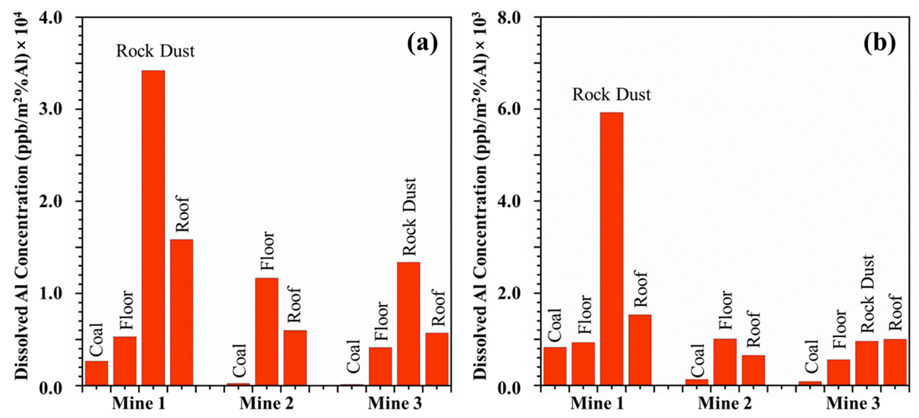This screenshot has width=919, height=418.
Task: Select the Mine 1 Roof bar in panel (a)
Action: pyautogui.click(x=181, y=312)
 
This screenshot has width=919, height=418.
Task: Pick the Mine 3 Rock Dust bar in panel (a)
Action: pyautogui.click(x=408, y=324)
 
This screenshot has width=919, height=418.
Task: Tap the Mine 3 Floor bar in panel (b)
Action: pyautogui.click(x=838, y=372)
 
